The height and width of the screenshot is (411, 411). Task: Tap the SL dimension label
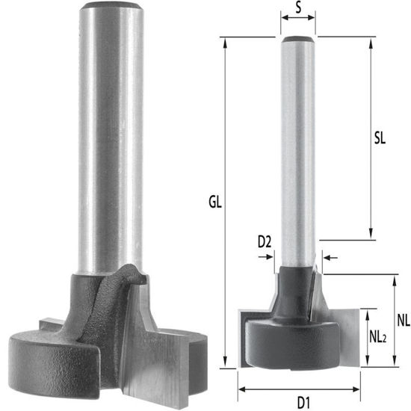tap(379, 139)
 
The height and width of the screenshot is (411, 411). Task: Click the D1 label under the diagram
tap(298, 401)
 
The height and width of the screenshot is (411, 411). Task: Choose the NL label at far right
tap(403, 321)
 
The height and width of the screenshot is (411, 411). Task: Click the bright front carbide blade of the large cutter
tap(153, 351)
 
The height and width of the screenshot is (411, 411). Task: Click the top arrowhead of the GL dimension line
tap(223, 40)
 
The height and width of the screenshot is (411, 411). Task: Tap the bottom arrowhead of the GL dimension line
tap(223, 364)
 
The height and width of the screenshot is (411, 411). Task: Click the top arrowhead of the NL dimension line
tap(392, 279)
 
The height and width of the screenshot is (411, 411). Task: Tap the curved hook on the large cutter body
tap(137, 274)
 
